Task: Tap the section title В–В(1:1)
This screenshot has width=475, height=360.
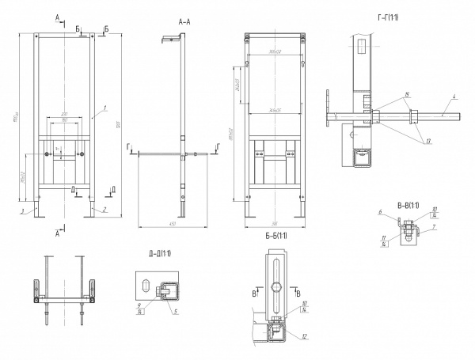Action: [x=409, y=204]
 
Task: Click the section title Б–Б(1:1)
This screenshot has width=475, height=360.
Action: [x=276, y=236]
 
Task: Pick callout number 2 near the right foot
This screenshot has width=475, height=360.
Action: [x=104, y=210]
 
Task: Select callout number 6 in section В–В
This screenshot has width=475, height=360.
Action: [x=381, y=212]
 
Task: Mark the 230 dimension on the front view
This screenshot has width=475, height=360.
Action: [x=64, y=113]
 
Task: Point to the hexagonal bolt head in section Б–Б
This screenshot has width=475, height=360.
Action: [x=276, y=286]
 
